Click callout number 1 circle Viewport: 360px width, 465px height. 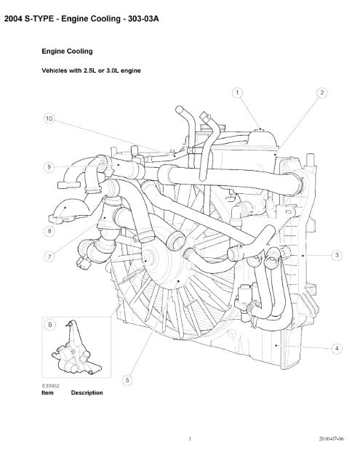coord(237,93)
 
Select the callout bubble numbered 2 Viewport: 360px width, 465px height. coord(322,93)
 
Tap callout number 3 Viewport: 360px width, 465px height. coord(337,255)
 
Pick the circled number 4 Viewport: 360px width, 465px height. coord(337,349)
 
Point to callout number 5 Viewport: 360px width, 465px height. coord(127,380)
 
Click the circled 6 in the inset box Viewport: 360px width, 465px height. coord(50,325)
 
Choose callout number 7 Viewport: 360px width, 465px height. coord(49,256)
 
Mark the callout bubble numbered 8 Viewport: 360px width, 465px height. coord(49,231)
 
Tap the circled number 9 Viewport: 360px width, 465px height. coord(49,167)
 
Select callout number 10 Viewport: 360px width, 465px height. coord(49,118)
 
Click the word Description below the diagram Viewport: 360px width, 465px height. coord(87,393)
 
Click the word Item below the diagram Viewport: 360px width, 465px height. coord(47,392)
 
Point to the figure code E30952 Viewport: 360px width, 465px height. coord(50,386)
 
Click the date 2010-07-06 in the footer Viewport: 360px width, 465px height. coord(331,439)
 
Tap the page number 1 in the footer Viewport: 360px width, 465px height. coord(190,439)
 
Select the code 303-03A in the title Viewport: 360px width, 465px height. coord(143,19)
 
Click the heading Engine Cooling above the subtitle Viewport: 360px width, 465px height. coord(67,52)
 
